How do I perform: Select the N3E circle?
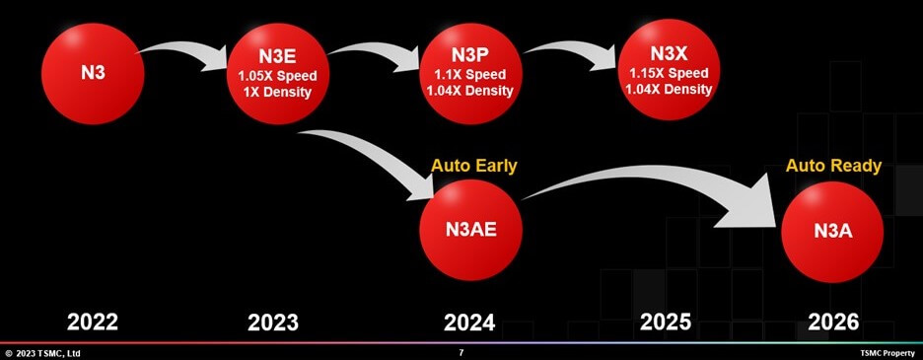pyautogui.click(x=275, y=74)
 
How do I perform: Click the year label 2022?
pyautogui.click(x=92, y=322)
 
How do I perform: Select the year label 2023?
pyautogui.click(x=273, y=322)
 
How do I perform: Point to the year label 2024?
pyautogui.click(x=470, y=322)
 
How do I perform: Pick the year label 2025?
pyautogui.click(x=667, y=322)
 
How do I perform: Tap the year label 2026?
pyautogui.click(x=833, y=322)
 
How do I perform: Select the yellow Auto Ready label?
pyautogui.click(x=833, y=166)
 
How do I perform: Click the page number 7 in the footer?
pyautogui.click(x=461, y=352)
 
